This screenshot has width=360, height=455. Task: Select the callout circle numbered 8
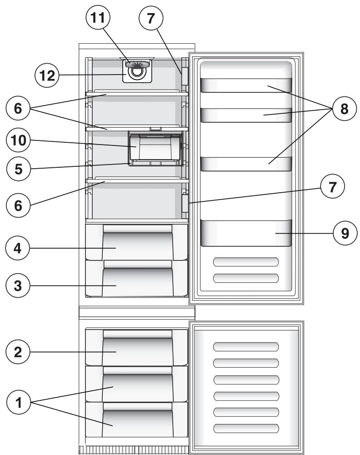click(344, 109)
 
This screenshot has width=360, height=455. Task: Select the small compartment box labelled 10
click(155, 147)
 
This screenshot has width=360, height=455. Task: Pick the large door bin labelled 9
click(245, 233)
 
